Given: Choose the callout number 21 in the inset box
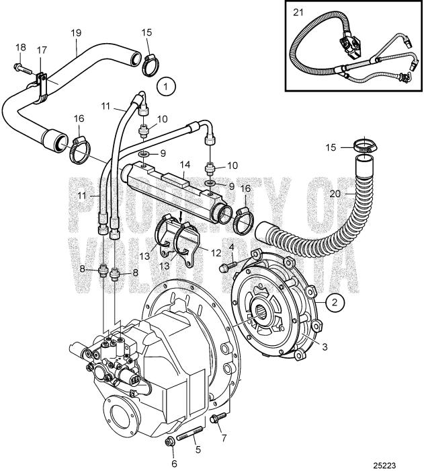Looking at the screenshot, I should pyautogui.click(x=298, y=12).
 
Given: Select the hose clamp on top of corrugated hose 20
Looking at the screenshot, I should pyautogui.click(x=364, y=146).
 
